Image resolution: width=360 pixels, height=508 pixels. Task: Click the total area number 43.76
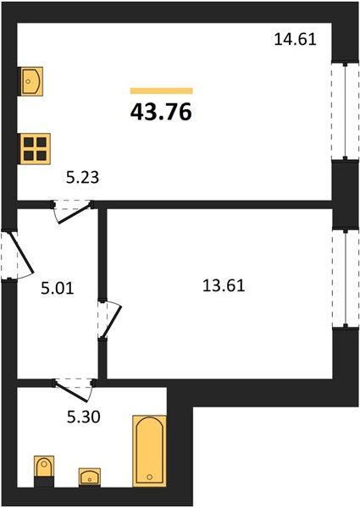pos(161,112)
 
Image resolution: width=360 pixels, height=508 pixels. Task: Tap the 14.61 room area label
pos(295,40)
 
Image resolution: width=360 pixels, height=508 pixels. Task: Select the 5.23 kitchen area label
pos(82,178)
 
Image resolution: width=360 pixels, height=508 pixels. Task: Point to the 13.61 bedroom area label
pos(224,286)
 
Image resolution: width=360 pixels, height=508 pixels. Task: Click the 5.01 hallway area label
pos(58,289)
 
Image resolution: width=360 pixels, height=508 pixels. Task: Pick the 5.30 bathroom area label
pos(83,417)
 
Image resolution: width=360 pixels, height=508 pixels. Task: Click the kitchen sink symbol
pos(31,81)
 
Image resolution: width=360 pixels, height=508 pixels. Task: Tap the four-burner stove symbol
pos(35,149)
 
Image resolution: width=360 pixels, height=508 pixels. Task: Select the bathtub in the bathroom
pos(149,451)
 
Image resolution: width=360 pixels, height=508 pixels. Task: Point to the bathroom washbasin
pos(90,478)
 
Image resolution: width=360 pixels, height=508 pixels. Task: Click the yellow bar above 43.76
pos(162,91)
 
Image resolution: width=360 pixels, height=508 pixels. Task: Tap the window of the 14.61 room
pos(346,111)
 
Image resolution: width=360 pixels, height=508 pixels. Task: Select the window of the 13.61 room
pos(346,279)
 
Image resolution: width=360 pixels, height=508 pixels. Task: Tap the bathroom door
pos(73,389)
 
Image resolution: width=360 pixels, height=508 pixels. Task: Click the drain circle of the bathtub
pos(149,477)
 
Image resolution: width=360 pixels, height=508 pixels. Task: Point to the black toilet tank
pos(44,481)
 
